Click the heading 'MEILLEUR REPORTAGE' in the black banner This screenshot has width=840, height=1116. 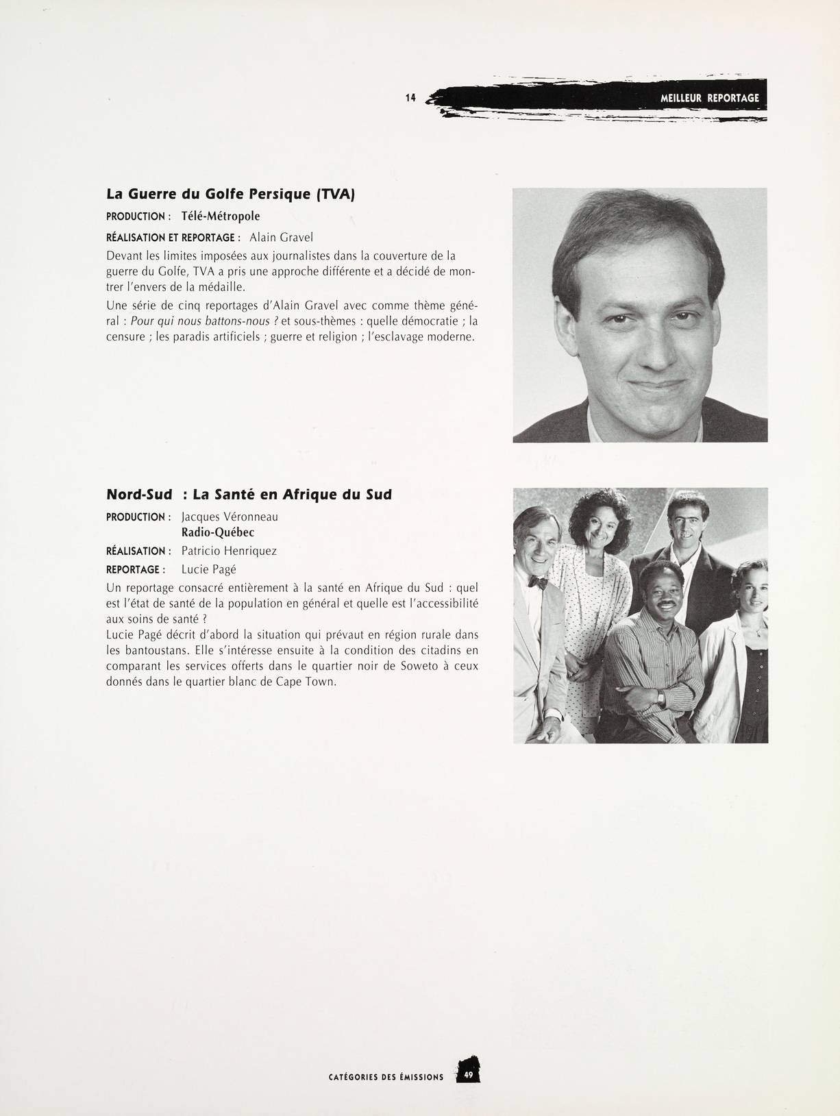(x=709, y=98)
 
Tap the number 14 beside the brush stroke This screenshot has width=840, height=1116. (x=410, y=98)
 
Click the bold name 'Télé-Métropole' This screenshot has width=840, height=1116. (x=221, y=216)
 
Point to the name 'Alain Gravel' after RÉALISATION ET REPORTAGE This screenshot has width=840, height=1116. (x=281, y=238)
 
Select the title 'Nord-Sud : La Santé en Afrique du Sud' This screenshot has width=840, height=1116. (x=249, y=494)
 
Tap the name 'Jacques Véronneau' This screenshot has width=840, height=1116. (x=230, y=517)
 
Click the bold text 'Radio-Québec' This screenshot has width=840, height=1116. (x=218, y=532)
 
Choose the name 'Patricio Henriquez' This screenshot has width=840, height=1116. (x=229, y=551)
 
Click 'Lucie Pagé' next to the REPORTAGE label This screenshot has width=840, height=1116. (x=208, y=569)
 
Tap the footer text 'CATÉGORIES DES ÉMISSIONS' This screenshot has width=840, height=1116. (x=386, y=1077)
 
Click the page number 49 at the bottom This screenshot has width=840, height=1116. (x=469, y=1076)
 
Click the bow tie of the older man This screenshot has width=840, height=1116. (x=538, y=583)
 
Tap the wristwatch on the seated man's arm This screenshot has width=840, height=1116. (x=661, y=697)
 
